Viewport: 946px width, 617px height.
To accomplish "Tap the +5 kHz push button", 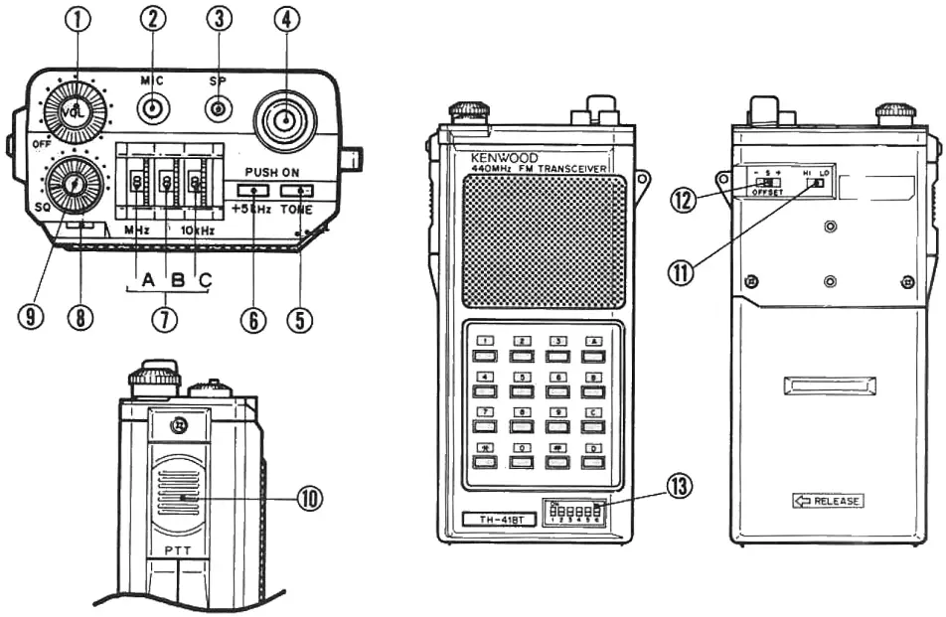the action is (x=253, y=190).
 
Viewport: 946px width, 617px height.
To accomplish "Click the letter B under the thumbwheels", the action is (x=178, y=282).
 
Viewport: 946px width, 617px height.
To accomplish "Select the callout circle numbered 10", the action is (x=311, y=497).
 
